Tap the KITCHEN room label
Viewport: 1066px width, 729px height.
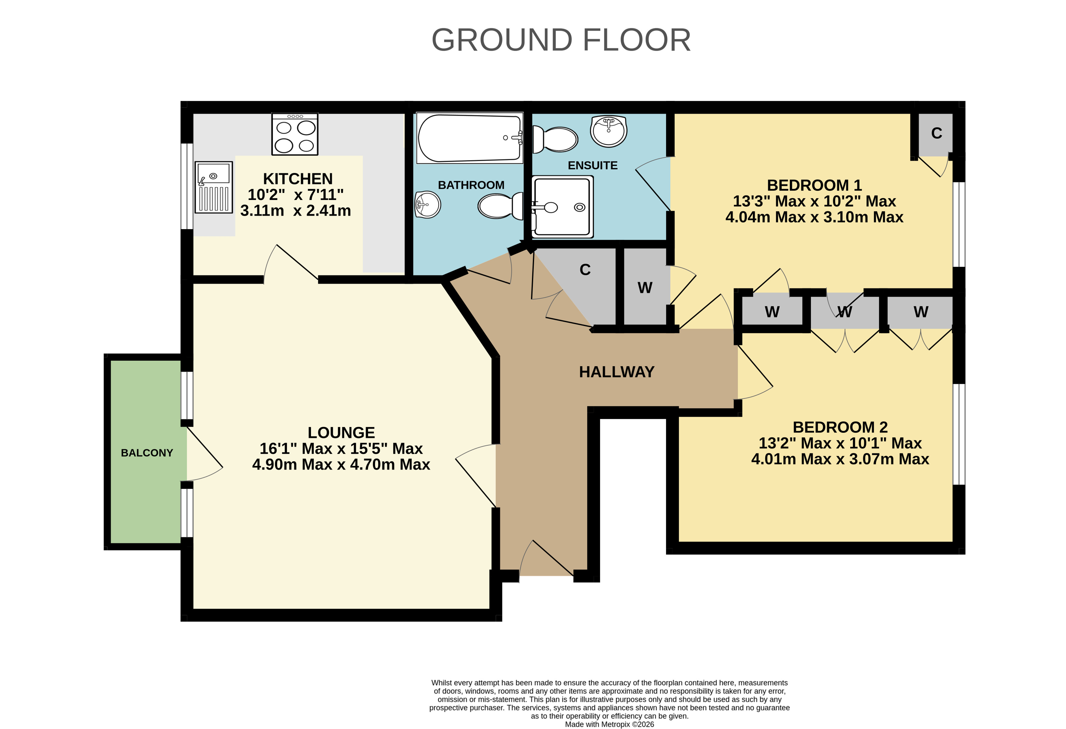(x=298, y=178)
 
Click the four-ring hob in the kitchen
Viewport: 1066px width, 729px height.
(x=295, y=134)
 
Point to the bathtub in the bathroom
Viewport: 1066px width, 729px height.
(x=470, y=138)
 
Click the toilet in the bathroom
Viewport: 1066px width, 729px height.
(x=500, y=206)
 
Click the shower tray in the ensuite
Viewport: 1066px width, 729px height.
(x=562, y=207)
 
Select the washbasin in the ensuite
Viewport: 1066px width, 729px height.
(x=609, y=131)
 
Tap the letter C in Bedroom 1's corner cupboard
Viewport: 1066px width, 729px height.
(x=937, y=133)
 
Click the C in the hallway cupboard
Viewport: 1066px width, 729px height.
(x=585, y=270)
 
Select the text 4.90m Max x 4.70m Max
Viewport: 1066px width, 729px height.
(x=341, y=464)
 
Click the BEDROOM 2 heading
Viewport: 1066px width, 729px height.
(x=840, y=427)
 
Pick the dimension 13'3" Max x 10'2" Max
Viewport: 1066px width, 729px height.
(x=814, y=201)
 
